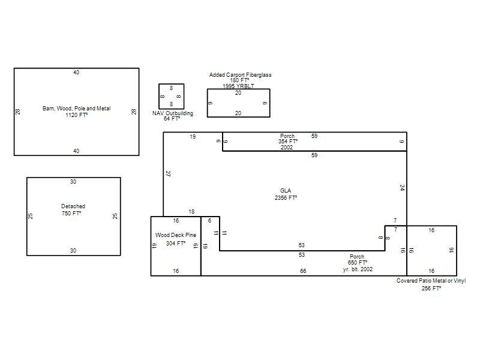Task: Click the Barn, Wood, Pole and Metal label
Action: coord(77,109)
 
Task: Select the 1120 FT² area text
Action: coord(77,115)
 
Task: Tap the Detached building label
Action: coord(73,206)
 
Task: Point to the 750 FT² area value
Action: coord(71,214)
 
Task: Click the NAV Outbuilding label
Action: coord(173,113)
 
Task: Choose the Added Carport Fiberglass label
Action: coord(241,74)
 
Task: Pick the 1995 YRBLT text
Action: coord(238,86)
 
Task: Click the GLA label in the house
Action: coord(286,191)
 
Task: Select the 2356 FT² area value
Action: coord(286,198)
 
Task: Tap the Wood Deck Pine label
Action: coord(176,235)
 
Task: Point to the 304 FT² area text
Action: coord(176,244)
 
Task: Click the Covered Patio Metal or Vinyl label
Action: coord(431,281)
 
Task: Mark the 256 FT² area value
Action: coord(431,289)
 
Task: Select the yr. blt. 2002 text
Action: coord(358,269)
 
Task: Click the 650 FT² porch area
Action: coord(358,263)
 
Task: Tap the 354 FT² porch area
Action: coord(288,142)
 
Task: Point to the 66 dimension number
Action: coord(303,271)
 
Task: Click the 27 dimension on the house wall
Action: coord(168,173)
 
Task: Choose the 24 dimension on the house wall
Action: coord(402,188)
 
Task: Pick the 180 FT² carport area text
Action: coord(239,80)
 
